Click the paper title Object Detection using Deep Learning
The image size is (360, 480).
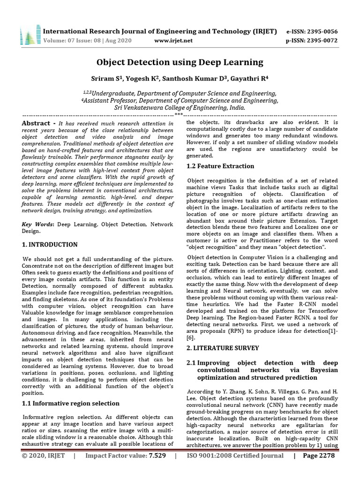pos(180,62)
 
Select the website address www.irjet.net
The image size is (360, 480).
pos(173,40)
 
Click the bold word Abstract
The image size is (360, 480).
pos(38,123)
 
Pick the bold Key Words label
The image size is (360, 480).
pos(38,225)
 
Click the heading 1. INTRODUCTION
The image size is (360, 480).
pos(50,245)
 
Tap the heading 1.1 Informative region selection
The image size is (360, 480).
pos(71,403)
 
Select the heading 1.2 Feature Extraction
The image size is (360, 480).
pos(220,166)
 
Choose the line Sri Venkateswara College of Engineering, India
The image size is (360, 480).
pos(180,107)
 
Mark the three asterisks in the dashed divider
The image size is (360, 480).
pos(179,114)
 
